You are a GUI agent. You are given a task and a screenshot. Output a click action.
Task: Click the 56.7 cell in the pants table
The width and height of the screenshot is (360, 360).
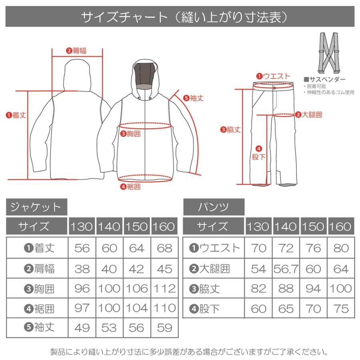(x=286, y=268)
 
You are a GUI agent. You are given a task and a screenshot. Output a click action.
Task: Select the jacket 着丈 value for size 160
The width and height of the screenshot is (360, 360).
(x=164, y=248)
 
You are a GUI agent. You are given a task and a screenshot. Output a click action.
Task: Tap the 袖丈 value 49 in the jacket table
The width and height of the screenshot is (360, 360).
(x=82, y=328)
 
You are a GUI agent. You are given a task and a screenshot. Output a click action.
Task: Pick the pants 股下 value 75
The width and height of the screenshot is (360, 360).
(x=341, y=308)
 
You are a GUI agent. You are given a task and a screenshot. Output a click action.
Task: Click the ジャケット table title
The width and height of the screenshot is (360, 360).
(x=36, y=207)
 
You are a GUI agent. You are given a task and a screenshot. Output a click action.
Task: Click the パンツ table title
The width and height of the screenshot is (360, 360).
(x=214, y=207)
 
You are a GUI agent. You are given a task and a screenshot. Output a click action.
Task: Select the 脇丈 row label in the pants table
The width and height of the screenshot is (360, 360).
(x=214, y=288)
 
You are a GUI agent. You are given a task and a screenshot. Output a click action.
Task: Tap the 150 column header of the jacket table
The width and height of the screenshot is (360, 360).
(x=137, y=227)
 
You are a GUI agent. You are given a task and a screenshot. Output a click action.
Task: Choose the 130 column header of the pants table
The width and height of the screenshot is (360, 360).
(x=259, y=227)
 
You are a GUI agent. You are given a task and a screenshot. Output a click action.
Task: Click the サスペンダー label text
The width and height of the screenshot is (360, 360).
(x=325, y=79)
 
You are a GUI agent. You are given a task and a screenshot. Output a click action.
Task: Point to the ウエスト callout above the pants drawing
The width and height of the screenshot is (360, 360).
(x=273, y=76)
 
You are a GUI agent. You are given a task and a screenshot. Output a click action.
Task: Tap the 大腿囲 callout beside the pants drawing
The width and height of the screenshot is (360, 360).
(x=308, y=115)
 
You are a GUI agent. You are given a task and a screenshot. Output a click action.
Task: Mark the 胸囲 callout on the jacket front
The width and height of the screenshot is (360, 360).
(x=131, y=134)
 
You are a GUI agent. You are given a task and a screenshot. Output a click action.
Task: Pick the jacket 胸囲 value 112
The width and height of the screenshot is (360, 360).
(x=164, y=288)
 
